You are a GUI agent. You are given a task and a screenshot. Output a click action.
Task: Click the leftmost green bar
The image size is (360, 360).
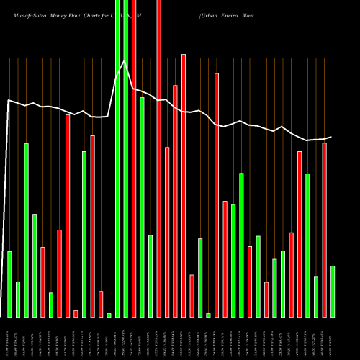[x=9, y=284]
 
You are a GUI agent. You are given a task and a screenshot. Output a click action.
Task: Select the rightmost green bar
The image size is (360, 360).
[x=332, y=291]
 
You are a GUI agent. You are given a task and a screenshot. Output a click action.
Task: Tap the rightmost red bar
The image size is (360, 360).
[x=324, y=230]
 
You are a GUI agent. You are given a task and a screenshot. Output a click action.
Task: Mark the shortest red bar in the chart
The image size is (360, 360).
[x=76, y=313]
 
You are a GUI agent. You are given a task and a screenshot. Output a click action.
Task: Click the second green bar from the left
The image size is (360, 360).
[x=18, y=299]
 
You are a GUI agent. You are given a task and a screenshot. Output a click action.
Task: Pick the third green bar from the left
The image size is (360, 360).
[x=26, y=230]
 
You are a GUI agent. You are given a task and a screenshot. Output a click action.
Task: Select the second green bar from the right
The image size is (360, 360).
[x=315, y=297]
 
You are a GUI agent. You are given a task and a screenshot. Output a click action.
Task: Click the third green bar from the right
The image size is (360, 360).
[x=307, y=245]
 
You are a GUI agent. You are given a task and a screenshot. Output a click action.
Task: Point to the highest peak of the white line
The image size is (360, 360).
[x=125, y=61]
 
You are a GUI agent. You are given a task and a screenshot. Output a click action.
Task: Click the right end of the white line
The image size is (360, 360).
[x=332, y=137]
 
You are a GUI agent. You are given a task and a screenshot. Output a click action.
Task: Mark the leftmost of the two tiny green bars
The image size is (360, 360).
[x=109, y=315]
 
